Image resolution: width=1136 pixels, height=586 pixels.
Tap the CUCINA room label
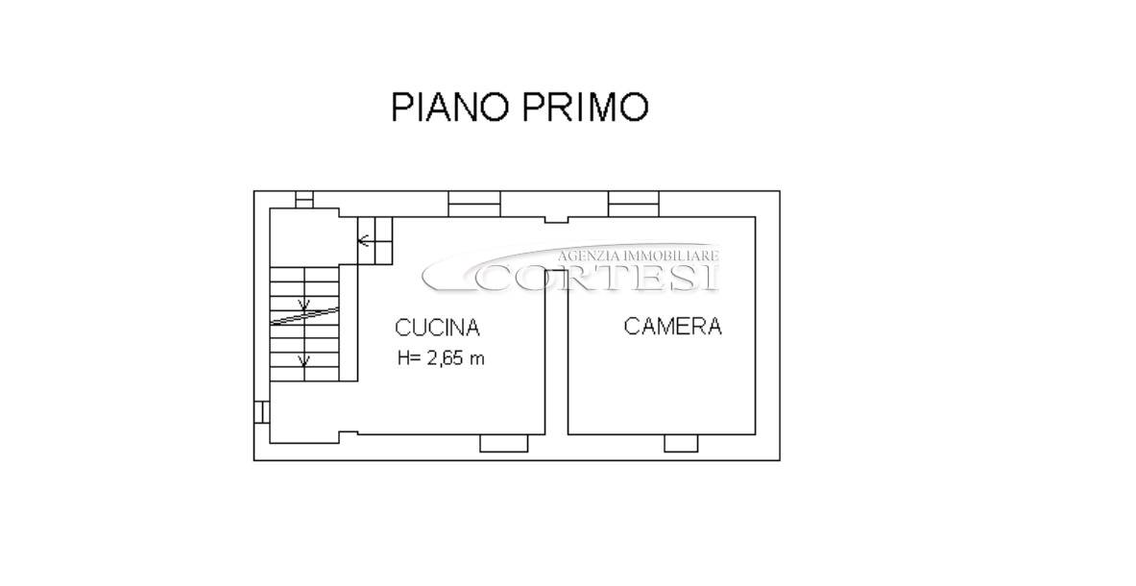pos(437,328)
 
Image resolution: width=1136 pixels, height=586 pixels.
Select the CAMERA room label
pos(672,326)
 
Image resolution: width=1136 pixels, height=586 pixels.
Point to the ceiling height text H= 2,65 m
pos(441,357)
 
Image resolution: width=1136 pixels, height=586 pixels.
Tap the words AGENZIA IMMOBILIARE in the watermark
pos(638,255)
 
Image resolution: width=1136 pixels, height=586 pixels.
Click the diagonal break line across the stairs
pos(304,317)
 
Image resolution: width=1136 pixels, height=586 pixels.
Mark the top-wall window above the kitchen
pos(474,204)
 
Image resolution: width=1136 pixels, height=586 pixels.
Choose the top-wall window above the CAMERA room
pos(634,204)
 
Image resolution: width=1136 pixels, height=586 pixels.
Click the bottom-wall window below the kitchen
pos(503,443)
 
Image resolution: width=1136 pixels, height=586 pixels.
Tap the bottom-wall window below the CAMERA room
pos(681,443)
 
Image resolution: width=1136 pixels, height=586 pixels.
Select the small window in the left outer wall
pos(261,411)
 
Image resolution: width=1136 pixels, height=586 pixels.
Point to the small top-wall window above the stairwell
pos(304,199)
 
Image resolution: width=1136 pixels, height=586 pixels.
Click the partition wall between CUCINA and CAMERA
pos(556,352)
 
